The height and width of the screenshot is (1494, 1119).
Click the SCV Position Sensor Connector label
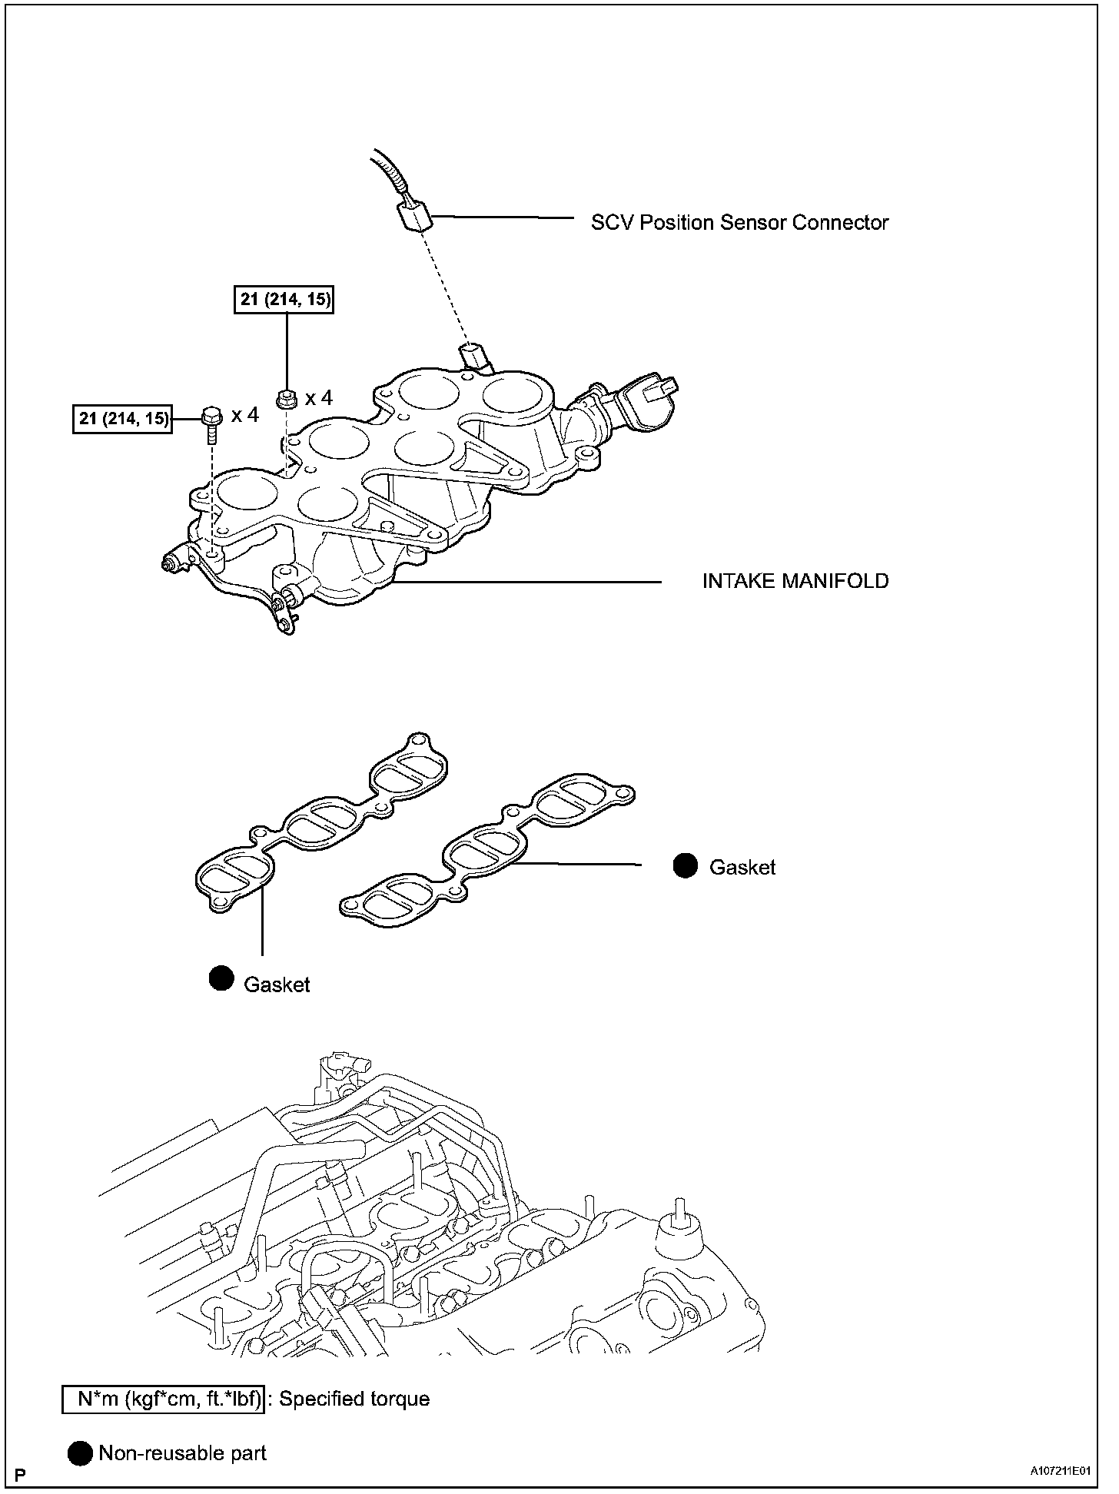pos(739,223)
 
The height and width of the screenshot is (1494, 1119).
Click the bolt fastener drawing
pos(211,423)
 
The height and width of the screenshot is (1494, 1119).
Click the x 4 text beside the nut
pos(319,398)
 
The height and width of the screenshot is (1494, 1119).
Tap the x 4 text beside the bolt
pos(245,416)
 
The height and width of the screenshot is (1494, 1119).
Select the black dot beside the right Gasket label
pos(685,865)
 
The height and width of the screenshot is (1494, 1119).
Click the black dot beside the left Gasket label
pos(221,978)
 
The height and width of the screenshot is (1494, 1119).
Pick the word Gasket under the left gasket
pos(277,984)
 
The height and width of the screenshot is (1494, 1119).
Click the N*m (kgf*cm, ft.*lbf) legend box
pos(164,1399)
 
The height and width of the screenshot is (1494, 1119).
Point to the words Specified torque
pos(354,1399)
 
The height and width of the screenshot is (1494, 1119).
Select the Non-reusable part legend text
pos(182,1453)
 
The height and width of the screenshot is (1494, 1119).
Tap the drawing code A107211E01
pos(1061,1471)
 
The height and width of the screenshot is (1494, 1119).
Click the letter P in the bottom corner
pos(21,1475)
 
